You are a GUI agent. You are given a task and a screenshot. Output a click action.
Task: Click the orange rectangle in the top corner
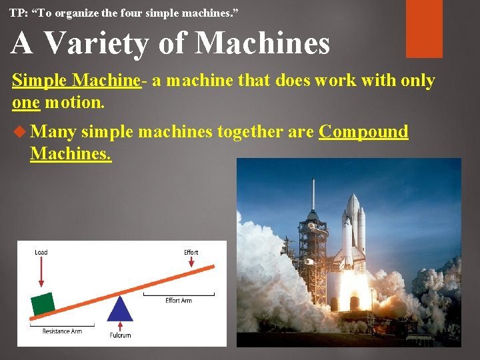[424, 29]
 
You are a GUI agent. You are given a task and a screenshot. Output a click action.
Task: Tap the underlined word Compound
[363, 131]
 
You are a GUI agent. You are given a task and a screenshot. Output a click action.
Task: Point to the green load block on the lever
[43, 303]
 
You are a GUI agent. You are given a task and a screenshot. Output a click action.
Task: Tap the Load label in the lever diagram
[41, 252]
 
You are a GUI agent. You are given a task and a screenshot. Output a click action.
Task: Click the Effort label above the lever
[191, 252]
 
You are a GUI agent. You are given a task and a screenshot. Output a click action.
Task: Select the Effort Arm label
[179, 301]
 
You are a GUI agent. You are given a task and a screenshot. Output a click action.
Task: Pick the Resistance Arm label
[62, 331]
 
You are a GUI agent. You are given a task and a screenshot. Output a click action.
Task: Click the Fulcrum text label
[120, 335]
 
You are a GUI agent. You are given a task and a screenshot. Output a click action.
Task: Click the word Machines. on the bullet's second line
[70, 153]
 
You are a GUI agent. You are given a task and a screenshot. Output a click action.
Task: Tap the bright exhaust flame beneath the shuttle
[353, 293]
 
